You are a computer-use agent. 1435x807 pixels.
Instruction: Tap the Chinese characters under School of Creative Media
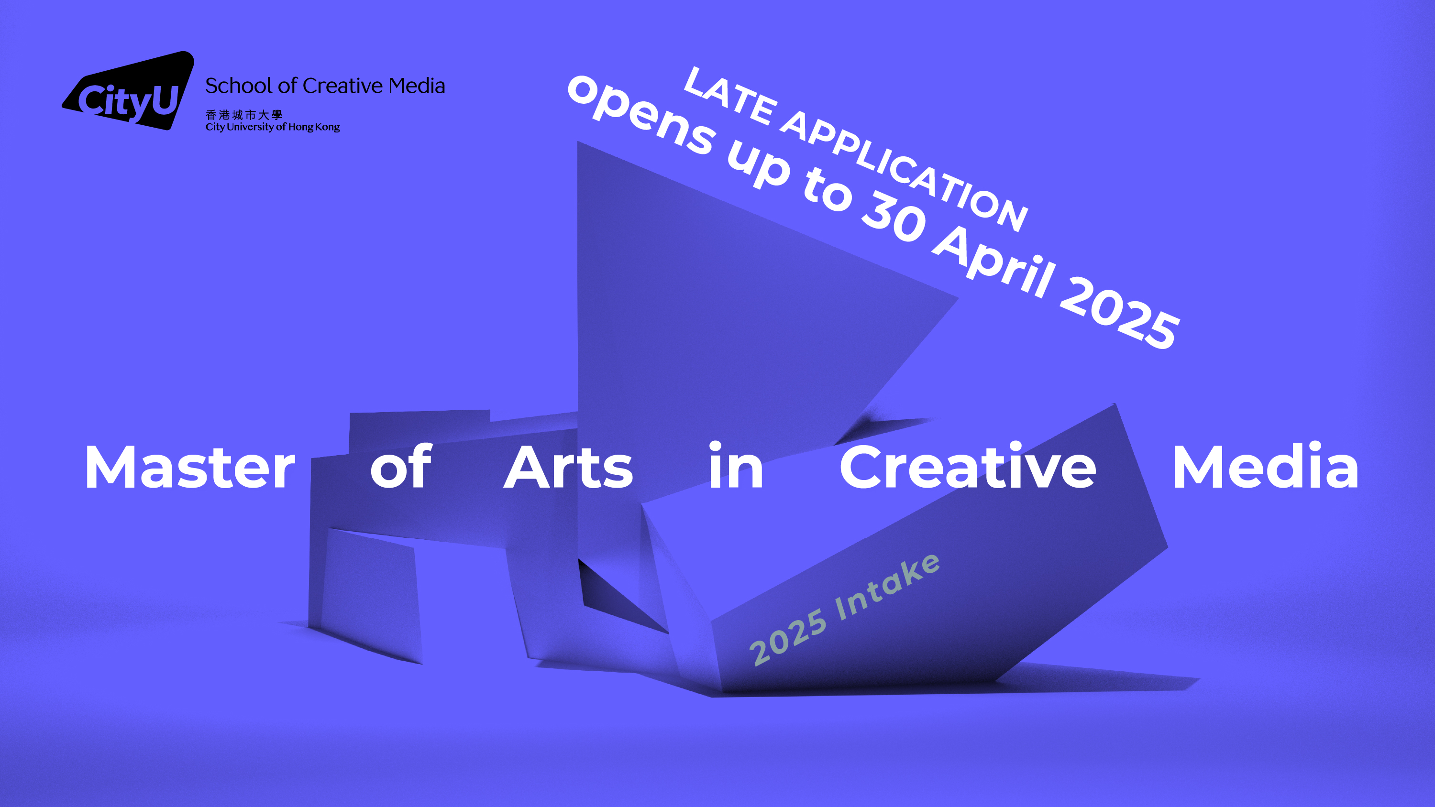pyautogui.click(x=243, y=115)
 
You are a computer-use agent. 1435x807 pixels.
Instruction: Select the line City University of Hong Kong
pyautogui.click(x=272, y=127)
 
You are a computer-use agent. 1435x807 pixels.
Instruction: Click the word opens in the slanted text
pyautogui.click(x=640, y=115)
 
